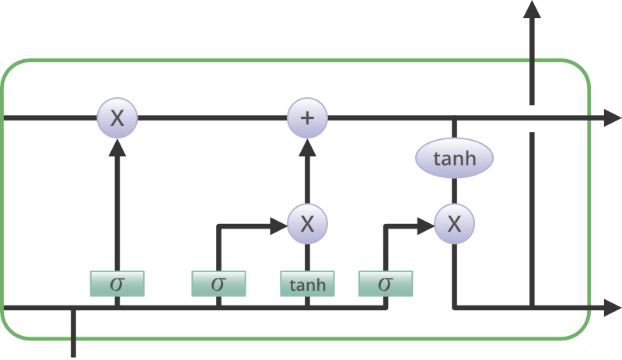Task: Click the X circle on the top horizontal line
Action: click(117, 118)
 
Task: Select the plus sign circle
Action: click(308, 118)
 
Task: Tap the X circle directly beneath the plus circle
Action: click(308, 225)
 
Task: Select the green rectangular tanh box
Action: click(308, 285)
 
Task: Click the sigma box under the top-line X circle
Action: click(117, 285)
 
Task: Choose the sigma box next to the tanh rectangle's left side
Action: click(218, 285)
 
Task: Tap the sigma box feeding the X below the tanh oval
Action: click(386, 285)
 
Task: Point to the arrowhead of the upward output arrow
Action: click(532, 11)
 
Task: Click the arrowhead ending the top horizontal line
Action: click(611, 118)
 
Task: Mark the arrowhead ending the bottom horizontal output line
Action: click(611, 309)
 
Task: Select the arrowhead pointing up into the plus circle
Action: click(308, 146)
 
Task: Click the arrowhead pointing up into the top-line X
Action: click(117, 146)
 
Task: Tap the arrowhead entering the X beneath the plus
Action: click(278, 225)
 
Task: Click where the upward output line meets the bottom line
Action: click(532, 308)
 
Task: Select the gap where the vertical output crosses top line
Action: click(532, 118)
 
